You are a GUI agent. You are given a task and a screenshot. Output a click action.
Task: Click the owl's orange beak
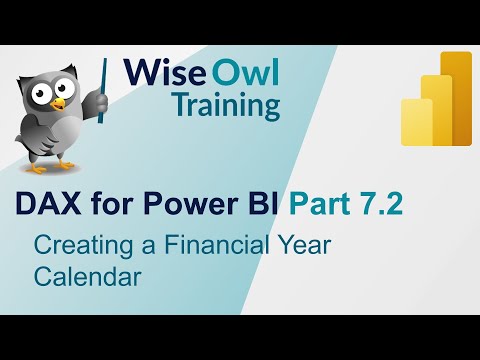coord(59,104)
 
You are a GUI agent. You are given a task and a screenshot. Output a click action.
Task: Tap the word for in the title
coord(100,206)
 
